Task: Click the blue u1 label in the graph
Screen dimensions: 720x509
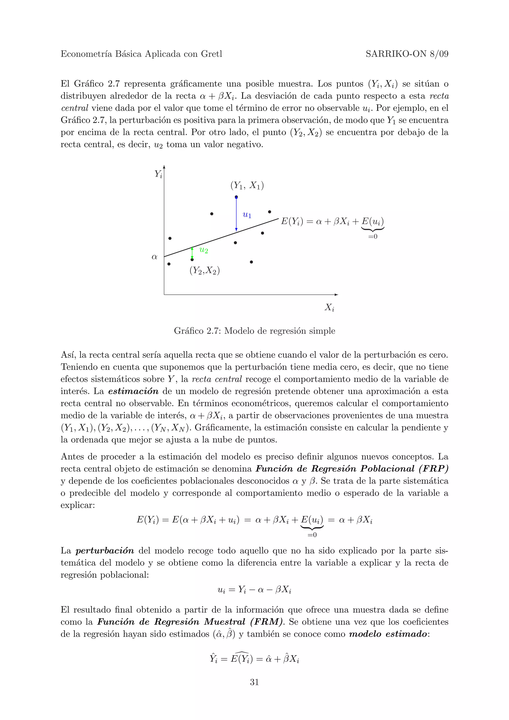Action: click(247, 215)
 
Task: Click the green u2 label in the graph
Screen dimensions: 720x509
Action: click(204, 250)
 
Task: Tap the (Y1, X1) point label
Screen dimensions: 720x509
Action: click(247, 185)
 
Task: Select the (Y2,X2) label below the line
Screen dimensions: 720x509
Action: click(205, 270)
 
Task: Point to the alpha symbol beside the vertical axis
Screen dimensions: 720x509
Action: click(154, 257)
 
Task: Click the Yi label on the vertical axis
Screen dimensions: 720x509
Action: click(158, 174)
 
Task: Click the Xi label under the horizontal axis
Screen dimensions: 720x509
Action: click(329, 307)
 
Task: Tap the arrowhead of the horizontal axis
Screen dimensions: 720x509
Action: click(336, 294)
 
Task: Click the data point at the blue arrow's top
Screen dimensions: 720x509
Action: click(236, 197)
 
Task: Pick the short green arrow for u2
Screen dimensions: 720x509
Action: click(192, 253)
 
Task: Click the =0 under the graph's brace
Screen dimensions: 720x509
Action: click(373, 237)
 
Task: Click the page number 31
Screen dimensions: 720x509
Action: click(254, 682)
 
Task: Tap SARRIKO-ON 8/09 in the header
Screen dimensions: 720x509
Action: click(407, 54)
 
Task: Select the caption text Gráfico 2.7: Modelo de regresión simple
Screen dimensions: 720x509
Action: click(254, 331)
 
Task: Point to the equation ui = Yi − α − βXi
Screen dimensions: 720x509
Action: click(254, 590)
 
